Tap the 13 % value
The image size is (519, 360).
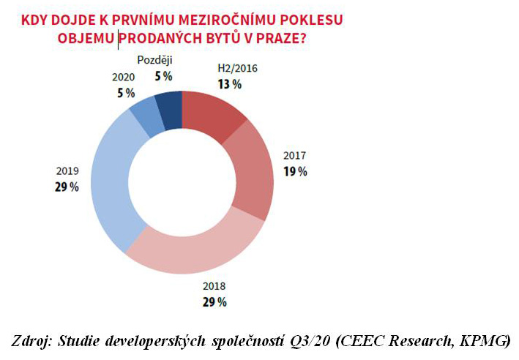click(229, 83)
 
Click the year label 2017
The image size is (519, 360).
click(295, 157)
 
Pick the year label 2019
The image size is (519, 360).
click(65, 172)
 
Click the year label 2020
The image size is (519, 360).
click(124, 76)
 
